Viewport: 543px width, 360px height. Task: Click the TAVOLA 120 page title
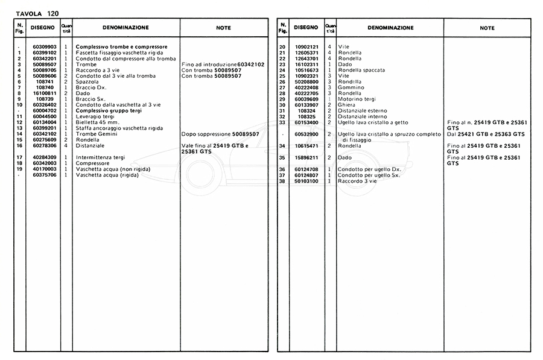click(37, 13)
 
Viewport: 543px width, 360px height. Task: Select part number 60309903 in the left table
click(45, 47)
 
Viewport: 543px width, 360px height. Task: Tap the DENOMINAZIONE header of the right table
click(390, 28)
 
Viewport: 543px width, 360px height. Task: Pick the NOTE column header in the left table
click(223, 28)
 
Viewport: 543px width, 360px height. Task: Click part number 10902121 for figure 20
click(306, 47)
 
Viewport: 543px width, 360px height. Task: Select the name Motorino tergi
click(358, 99)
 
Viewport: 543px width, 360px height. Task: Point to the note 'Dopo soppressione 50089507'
click(220, 134)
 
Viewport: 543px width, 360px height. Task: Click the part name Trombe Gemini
click(94, 134)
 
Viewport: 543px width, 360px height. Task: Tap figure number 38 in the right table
click(282, 181)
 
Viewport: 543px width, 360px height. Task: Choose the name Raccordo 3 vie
click(357, 181)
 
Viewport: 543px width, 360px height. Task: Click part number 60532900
click(306, 134)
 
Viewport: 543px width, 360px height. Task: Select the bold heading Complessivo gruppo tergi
click(108, 111)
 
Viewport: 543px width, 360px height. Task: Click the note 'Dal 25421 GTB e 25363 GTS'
click(486, 134)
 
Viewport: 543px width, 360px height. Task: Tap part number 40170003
click(45, 169)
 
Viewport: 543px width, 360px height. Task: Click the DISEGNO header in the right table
click(306, 28)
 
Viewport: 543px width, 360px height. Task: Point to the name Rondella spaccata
click(362, 71)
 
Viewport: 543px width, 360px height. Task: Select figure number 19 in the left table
click(20, 169)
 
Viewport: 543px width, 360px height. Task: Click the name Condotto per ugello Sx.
click(369, 175)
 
